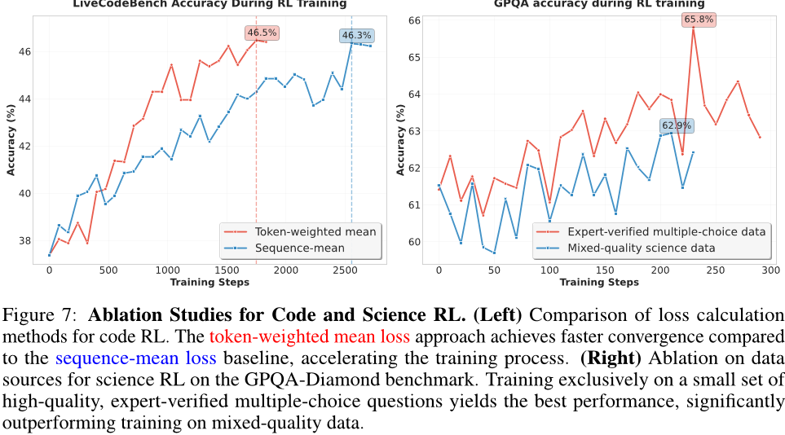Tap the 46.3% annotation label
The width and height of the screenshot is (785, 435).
click(356, 36)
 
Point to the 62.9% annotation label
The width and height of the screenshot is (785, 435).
click(676, 125)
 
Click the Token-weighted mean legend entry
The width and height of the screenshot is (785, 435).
click(315, 231)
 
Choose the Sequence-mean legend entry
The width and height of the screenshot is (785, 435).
click(297, 248)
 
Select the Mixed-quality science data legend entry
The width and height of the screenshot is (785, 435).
click(641, 248)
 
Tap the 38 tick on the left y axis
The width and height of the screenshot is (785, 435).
click(26, 241)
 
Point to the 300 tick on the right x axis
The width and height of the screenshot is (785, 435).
click(770, 270)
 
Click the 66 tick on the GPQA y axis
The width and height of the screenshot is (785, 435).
click(415, 20)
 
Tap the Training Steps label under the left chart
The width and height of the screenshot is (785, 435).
click(209, 282)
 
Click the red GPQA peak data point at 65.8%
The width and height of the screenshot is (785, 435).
click(694, 27)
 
